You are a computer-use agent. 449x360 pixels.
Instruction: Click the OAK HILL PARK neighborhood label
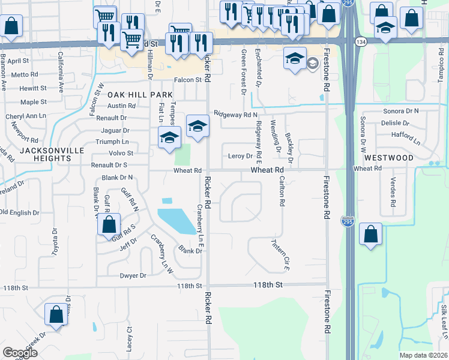(140, 95)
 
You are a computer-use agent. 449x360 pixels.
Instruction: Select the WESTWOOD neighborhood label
(388, 158)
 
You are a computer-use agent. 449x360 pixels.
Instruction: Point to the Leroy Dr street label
(241, 156)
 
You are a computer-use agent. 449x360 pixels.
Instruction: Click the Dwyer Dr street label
(133, 275)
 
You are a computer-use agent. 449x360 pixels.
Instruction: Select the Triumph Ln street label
(112, 142)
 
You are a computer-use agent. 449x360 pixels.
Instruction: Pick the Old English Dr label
(19, 212)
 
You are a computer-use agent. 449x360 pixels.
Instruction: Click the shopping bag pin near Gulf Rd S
(109, 226)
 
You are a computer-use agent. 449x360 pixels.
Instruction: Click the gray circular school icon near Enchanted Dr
(313, 63)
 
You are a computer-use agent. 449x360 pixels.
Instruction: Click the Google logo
(20, 353)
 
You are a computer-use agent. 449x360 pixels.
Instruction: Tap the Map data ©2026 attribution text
(423, 355)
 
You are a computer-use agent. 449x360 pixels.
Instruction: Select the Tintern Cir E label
(280, 251)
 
